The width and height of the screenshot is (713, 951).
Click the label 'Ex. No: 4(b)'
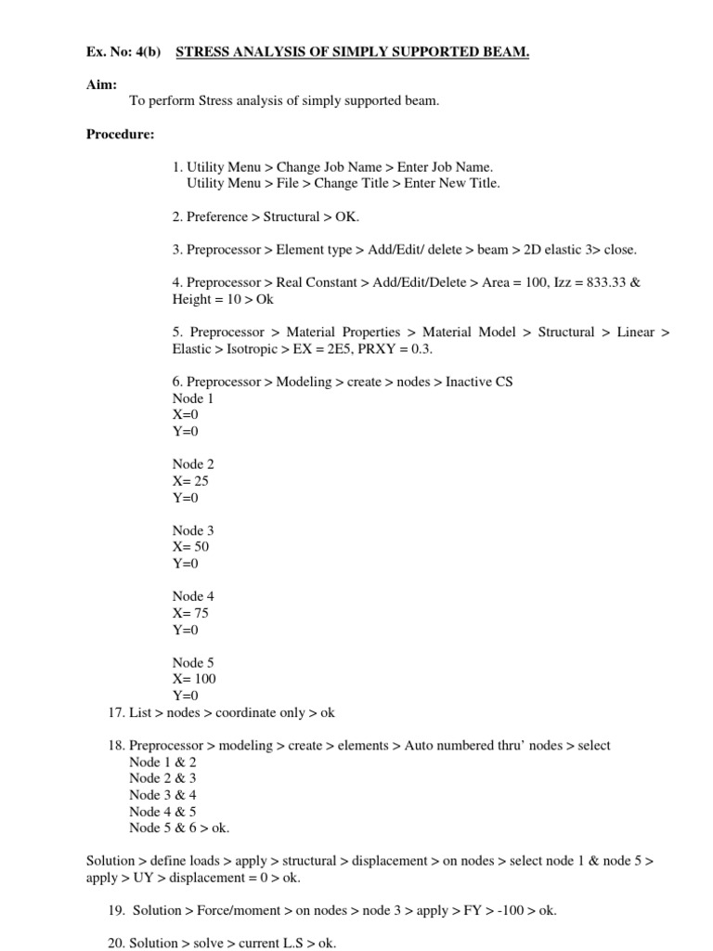[x=123, y=52]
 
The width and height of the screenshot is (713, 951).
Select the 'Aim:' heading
[x=101, y=85]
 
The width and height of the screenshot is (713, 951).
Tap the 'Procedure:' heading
[x=121, y=135]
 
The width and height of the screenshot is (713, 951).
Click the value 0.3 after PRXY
[x=421, y=349]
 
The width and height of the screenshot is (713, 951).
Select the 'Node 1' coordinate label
[x=193, y=398]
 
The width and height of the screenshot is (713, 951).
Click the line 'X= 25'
[x=190, y=481]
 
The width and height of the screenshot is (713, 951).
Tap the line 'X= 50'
[x=190, y=547]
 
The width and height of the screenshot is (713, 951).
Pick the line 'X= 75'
[x=190, y=613]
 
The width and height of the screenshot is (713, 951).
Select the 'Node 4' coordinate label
[x=193, y=596]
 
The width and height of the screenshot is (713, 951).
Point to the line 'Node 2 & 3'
[x=162, y=778]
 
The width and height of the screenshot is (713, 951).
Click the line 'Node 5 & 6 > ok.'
[x=179, y=827]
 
